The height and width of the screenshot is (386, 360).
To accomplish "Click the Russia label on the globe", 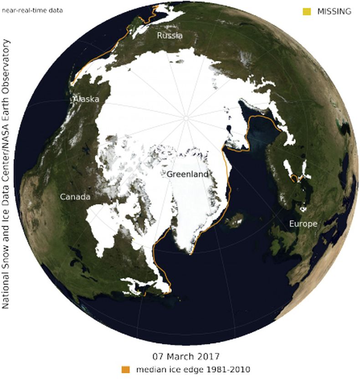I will tap(170, 35).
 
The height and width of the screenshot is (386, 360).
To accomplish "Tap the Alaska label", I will tap(86, 99).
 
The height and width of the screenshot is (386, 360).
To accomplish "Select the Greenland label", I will tap(187, 174).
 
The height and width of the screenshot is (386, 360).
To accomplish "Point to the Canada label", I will tap(75, 197).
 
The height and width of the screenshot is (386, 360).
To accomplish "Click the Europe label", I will tap(303, 224).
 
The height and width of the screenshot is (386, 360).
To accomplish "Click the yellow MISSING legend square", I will tap(307, 11).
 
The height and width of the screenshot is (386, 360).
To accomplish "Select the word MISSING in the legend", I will tap(334, 12).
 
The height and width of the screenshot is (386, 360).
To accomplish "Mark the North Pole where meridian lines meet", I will tap(186, 118).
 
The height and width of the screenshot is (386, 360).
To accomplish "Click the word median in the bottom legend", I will tap(148, 369).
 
